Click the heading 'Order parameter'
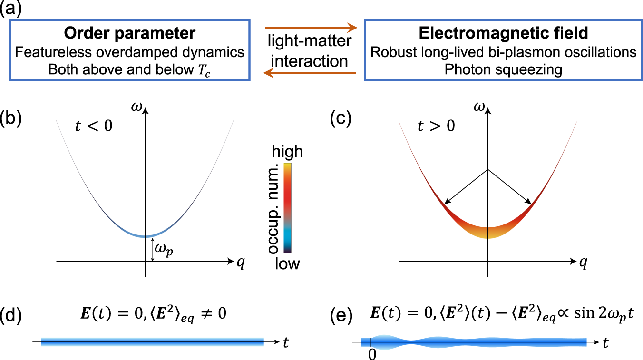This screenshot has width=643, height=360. [x=129, y=33]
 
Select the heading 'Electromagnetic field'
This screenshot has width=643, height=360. [x=503, y=33]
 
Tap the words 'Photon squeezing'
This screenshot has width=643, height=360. [x=503, y=69]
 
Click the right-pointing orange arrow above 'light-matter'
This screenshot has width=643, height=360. [x=311, y=27]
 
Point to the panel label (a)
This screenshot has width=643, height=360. [x=11, y=9]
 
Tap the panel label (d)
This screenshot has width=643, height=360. [x=11, y=314]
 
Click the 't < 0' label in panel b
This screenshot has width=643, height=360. [x=94, y=127]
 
